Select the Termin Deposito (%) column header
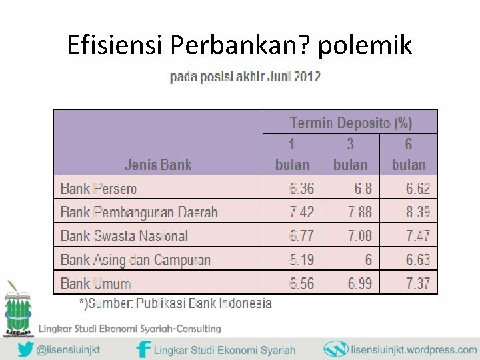351,123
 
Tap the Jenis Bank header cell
158,165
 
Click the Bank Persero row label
99,189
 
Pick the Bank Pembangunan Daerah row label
139,213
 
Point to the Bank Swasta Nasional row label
124,236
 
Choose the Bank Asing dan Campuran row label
135,260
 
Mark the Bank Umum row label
95,283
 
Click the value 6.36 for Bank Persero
301,189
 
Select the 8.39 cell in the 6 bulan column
418,213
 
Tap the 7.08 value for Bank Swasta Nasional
360,236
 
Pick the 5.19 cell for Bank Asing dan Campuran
301,260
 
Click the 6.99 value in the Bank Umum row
360,283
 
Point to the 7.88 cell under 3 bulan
360,213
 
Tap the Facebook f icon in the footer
143,349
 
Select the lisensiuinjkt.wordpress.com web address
413,349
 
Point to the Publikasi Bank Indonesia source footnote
176,303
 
